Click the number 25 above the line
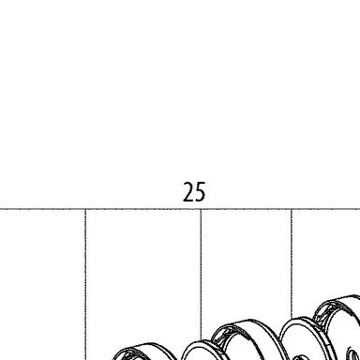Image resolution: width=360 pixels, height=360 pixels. [194, 191]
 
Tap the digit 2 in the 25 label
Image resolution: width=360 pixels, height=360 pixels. [188, 191]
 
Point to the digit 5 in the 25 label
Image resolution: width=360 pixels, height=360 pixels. [201, 192]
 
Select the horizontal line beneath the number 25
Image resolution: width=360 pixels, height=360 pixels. [180, 209]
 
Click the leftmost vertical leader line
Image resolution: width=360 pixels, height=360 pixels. [85, 284]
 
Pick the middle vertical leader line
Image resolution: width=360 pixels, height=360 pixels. [201, 275]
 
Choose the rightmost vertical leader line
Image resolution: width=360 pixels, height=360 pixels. [292, 263]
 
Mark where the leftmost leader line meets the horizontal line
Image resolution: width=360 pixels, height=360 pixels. [85, 209]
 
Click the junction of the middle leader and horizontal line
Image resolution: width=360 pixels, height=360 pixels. [201, 209]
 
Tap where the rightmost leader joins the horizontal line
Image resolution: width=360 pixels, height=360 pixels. [292, 209]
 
